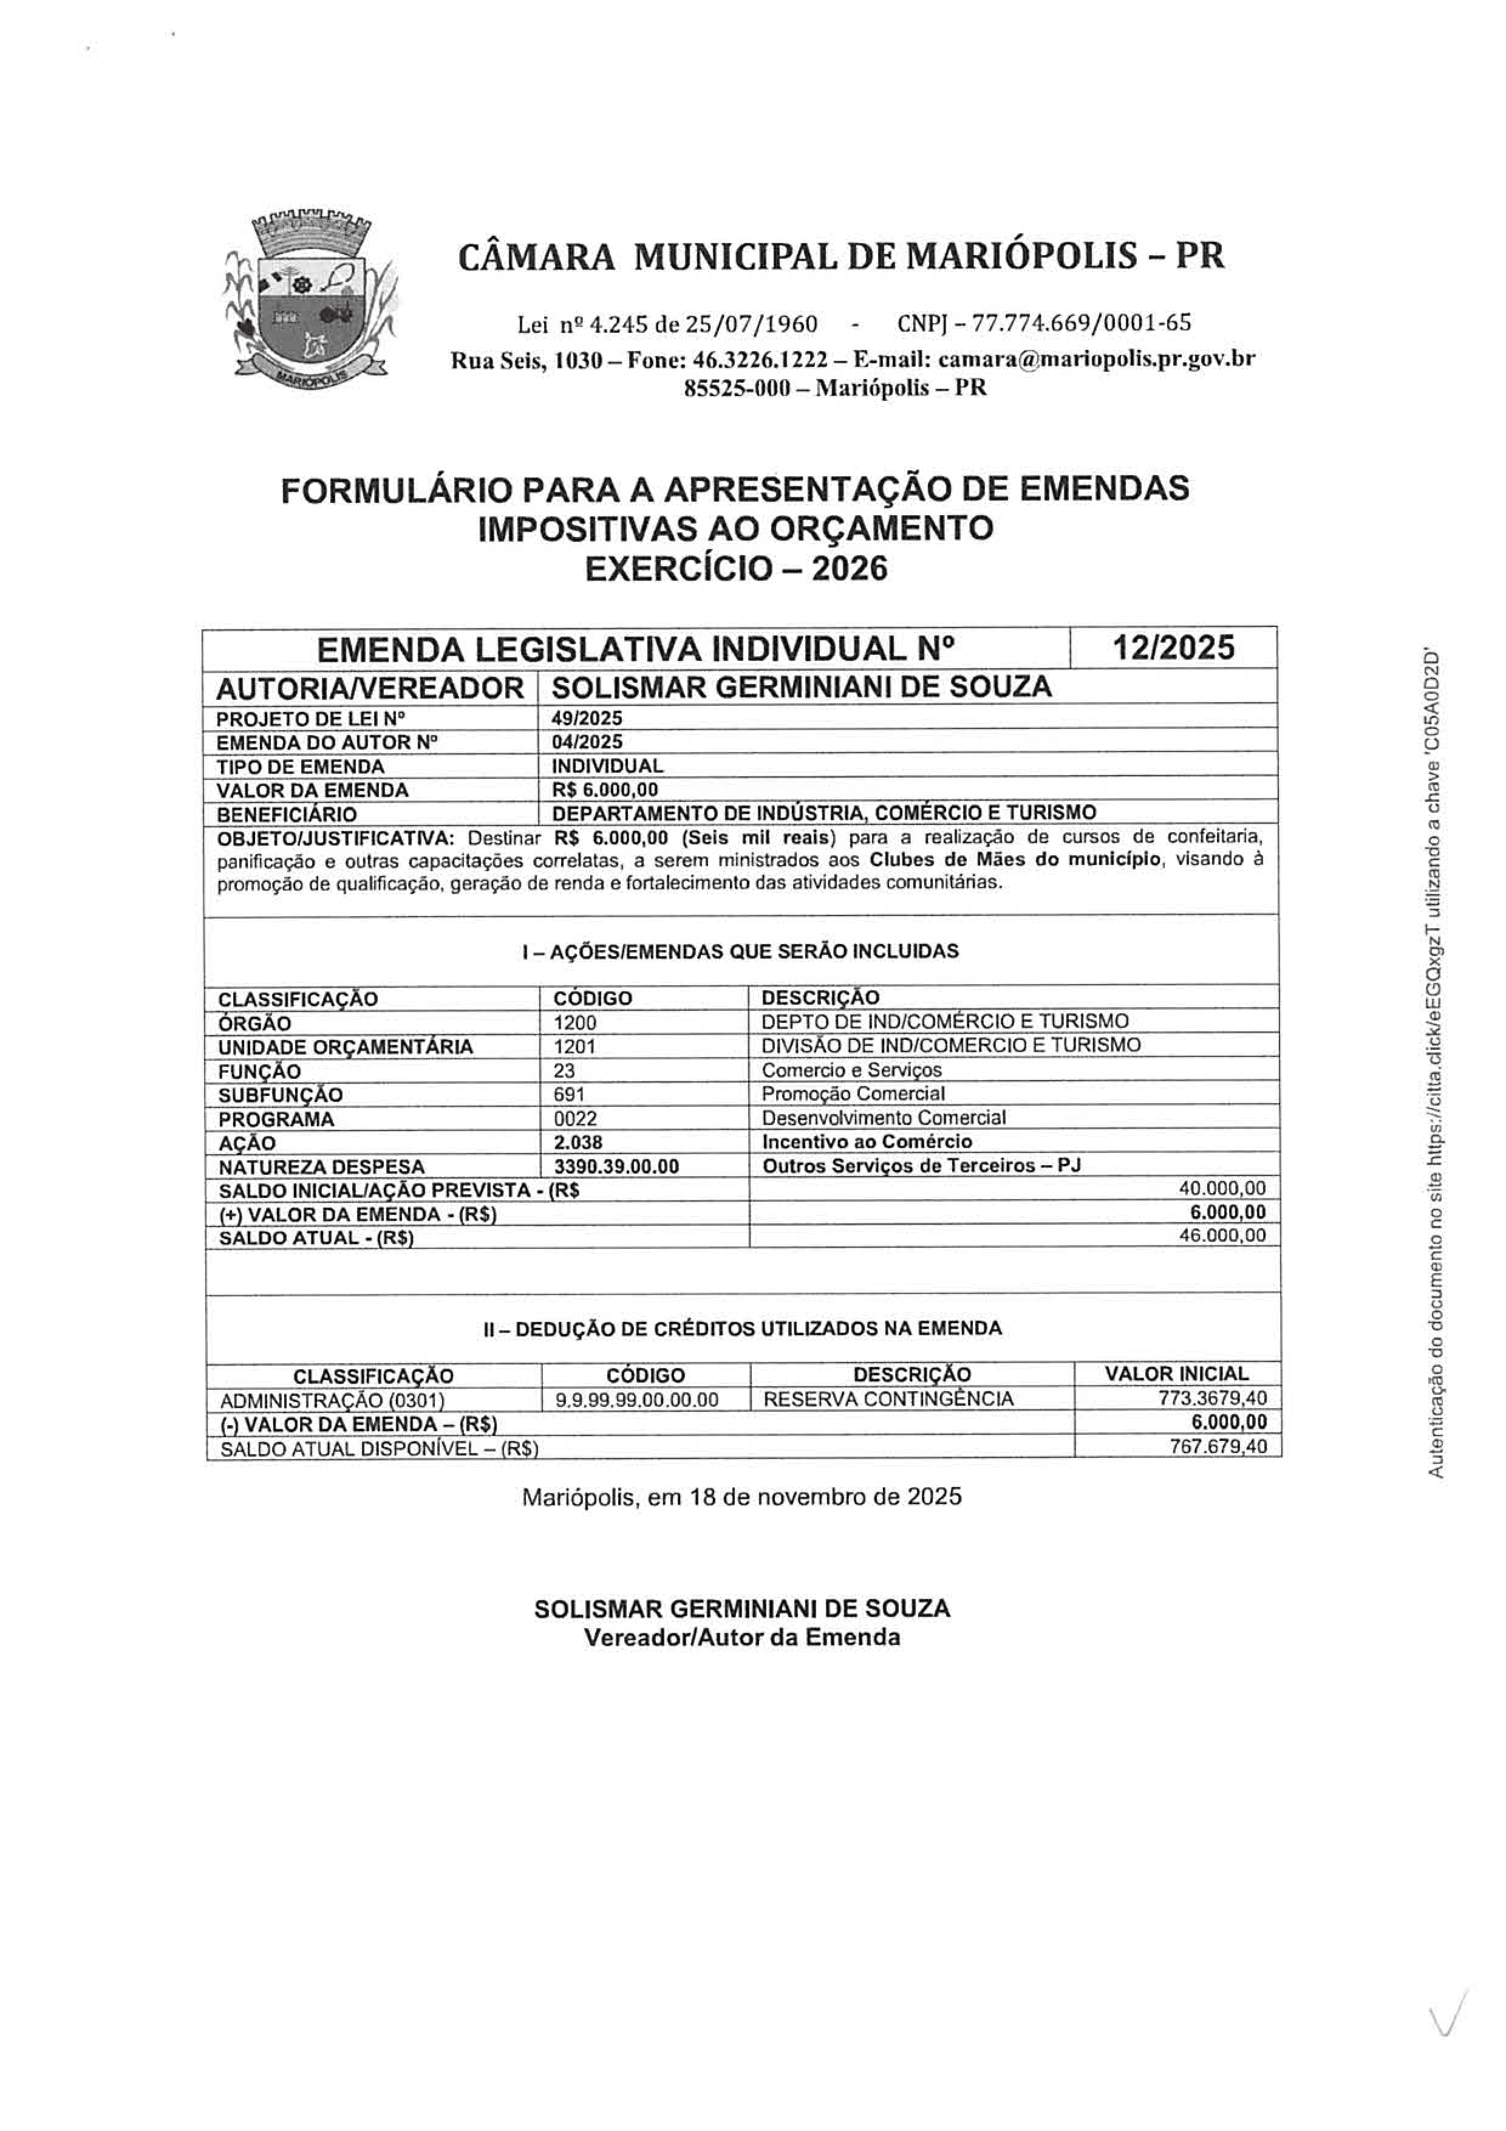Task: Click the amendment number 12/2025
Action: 1174,647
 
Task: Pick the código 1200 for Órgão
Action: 574,1023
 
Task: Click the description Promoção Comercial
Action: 853,1094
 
